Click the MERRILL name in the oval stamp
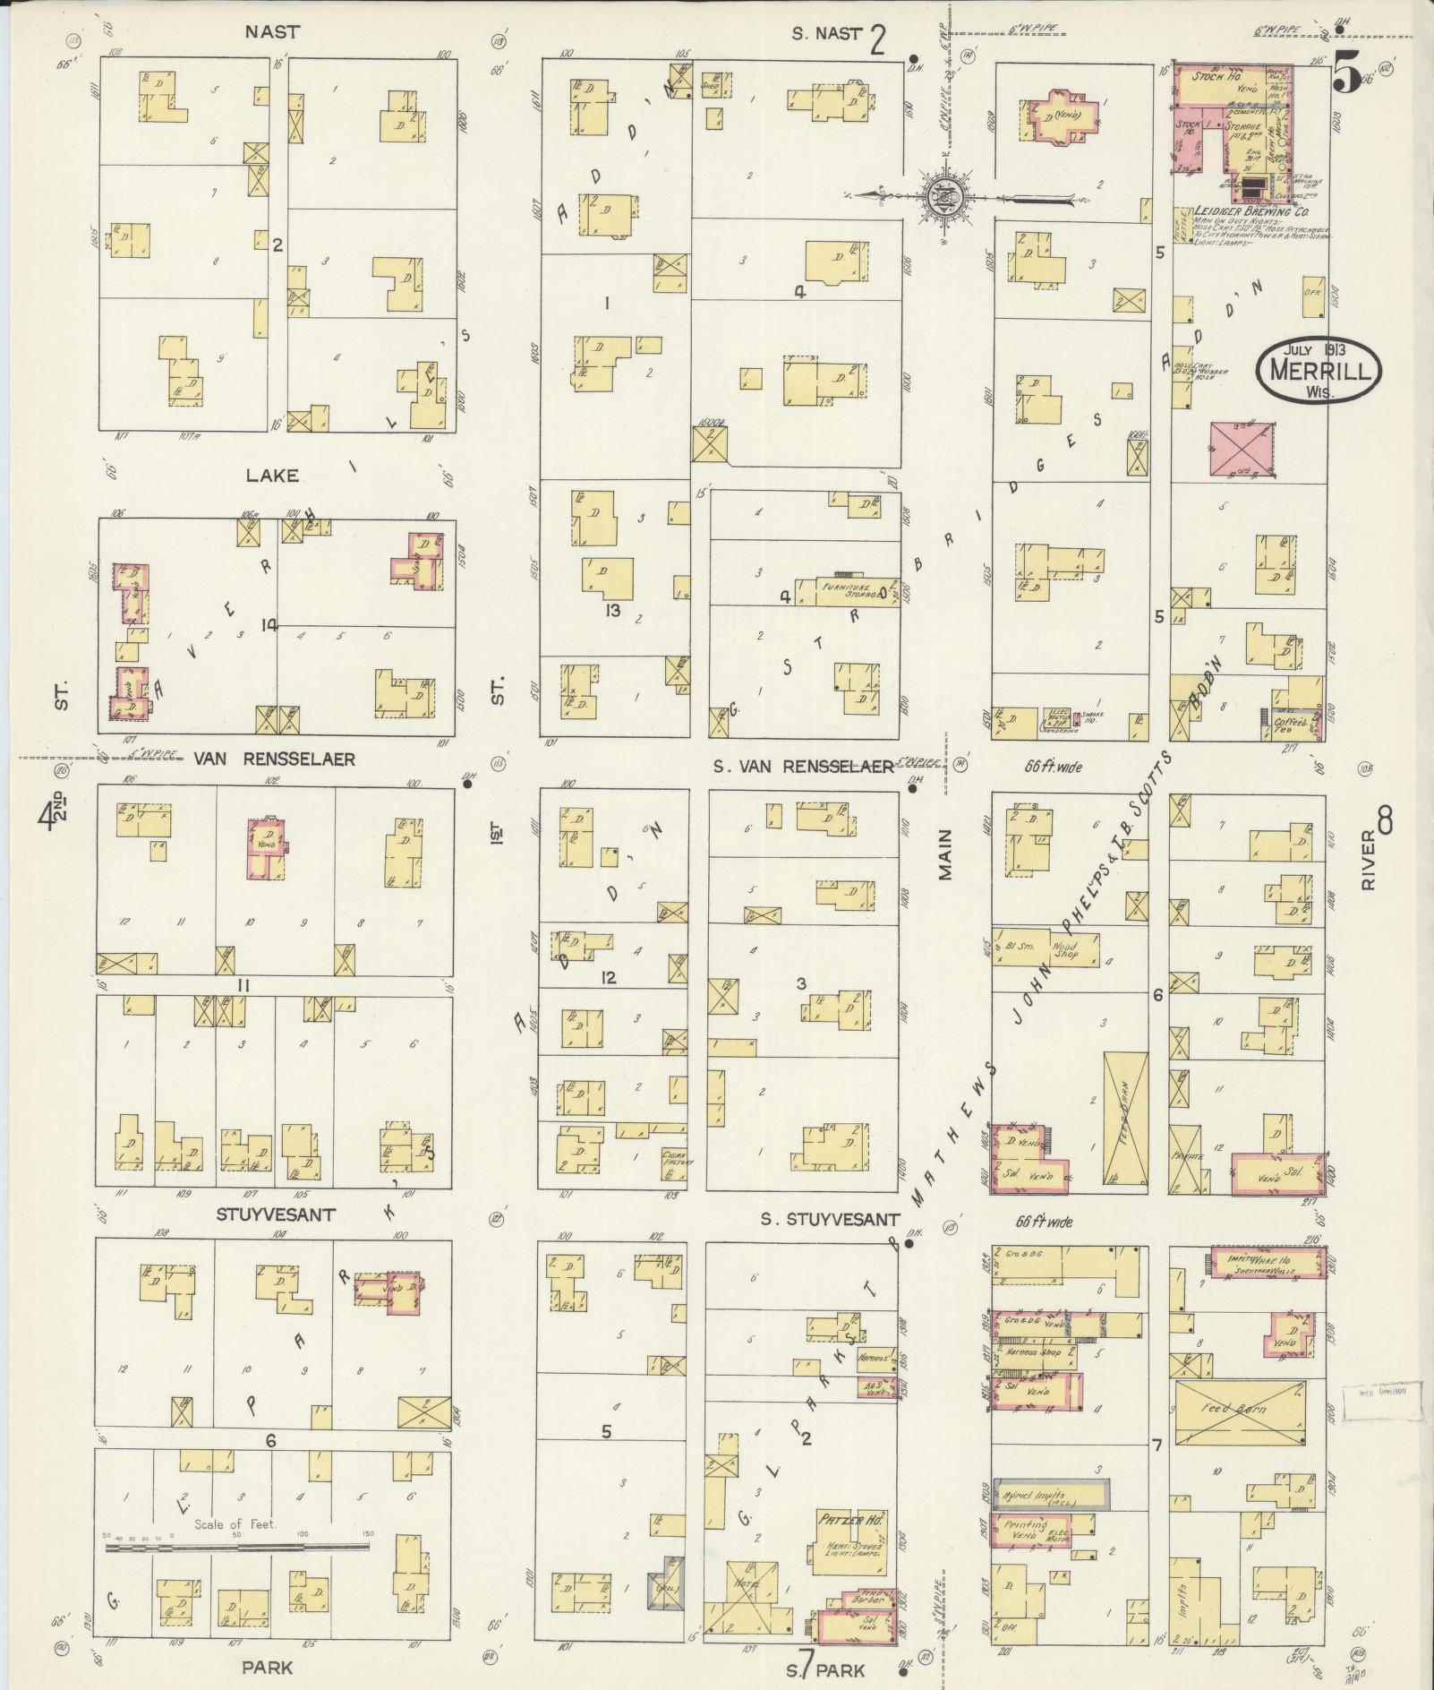(1319, 371)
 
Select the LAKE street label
(272, 476)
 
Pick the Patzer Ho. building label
(850, 1519)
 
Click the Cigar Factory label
(673, 1159)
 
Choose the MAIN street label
(945, 855)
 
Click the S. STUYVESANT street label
(830, 1219)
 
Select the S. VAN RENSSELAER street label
(803, 766)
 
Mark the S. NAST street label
(826, 34)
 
